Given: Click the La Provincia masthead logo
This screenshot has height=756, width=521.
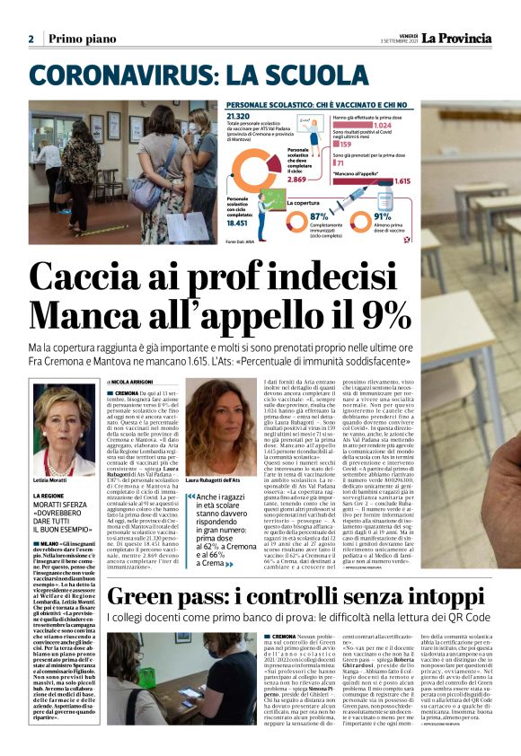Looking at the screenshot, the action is pos(459,39).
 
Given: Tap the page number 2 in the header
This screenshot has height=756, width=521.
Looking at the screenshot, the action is pos(31,40).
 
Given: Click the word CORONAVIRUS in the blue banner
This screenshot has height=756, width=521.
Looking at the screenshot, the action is pos(118,75).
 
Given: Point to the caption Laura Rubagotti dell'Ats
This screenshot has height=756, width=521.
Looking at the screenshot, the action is pos(217,481).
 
